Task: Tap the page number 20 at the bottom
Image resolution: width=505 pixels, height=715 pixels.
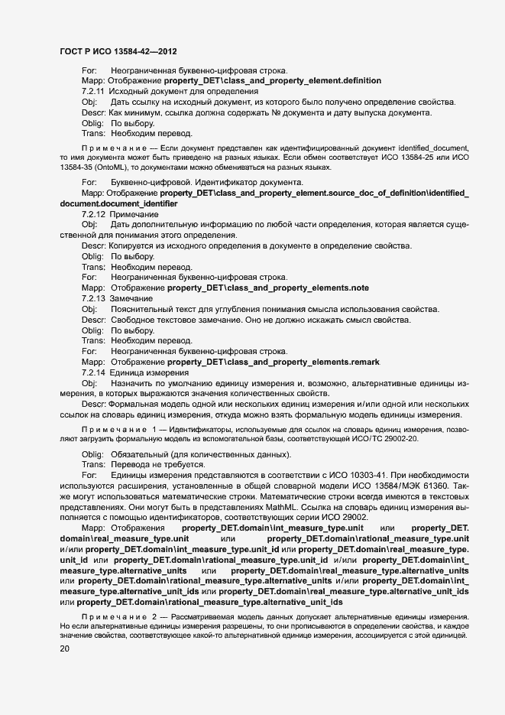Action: point(66,648)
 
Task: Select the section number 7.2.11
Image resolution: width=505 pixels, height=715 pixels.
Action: point(94,91)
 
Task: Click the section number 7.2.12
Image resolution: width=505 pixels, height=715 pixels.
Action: point(94,214)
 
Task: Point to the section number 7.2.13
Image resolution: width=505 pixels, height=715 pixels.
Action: point(94,297)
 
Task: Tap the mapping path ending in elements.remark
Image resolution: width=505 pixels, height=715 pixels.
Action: point(273,361)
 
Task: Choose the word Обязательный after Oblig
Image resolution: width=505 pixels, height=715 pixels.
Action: point(138,454)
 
